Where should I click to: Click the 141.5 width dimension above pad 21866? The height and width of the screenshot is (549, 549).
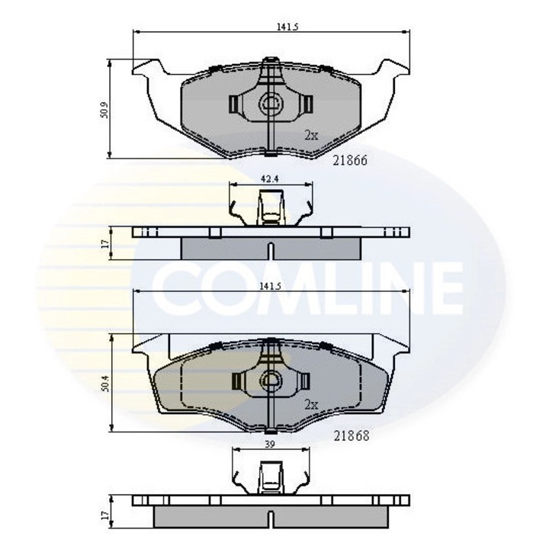287,26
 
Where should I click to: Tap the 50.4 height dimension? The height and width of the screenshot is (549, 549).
105,385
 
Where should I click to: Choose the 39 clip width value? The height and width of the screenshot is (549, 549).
268,443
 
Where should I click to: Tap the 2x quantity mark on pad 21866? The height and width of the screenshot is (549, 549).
310,134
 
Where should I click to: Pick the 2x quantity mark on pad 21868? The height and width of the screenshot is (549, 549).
310,404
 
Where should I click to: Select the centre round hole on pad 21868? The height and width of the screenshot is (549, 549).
270,379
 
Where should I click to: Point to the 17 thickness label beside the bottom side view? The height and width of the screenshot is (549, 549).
105,516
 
